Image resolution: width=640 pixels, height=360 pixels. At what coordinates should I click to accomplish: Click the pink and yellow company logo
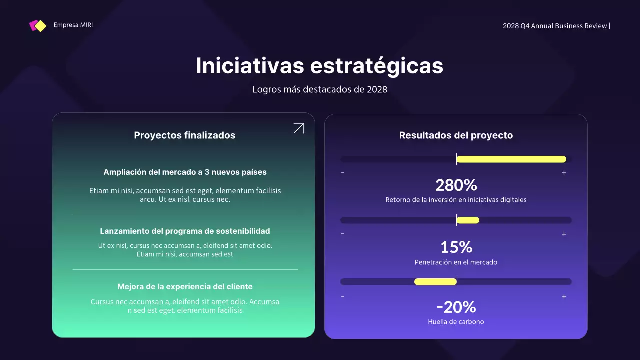coord(38,26)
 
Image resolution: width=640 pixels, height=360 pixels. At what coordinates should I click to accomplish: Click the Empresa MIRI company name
coord(73,25)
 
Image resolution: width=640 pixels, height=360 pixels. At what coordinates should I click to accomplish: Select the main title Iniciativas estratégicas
coord(319,66)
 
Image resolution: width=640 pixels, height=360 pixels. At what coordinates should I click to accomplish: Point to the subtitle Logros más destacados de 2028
coord(320,90)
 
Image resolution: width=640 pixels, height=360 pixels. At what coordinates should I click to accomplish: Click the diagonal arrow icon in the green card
coord(299,128)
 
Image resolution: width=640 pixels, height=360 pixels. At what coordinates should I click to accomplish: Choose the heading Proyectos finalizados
coord(185,135)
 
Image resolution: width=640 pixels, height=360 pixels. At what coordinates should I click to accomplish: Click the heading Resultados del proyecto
coord(456,135)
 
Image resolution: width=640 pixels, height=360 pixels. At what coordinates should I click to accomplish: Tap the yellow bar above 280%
coord(511,159)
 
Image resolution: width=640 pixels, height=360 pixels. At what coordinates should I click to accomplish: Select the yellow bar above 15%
coord(468,220)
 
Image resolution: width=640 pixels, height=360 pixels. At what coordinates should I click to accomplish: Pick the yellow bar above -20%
coord(435,282)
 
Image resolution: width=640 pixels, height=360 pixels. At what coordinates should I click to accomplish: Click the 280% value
coord(456,185)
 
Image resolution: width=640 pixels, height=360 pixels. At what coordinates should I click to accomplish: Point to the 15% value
coord(456,247)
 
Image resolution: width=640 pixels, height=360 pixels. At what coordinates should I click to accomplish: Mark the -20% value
coord(456,307)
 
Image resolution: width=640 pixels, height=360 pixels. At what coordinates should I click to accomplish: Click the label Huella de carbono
coord(456,322)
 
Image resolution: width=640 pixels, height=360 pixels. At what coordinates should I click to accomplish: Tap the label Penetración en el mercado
coord(456,262)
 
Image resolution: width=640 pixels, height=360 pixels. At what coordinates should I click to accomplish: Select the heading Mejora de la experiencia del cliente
coord(185,287)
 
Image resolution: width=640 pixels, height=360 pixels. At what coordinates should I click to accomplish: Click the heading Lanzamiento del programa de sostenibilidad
coord(185,231)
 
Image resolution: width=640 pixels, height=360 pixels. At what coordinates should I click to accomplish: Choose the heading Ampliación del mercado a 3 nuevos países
coord(185,172)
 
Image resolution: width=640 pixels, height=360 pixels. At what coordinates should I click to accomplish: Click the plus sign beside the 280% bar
coord(564,173)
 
